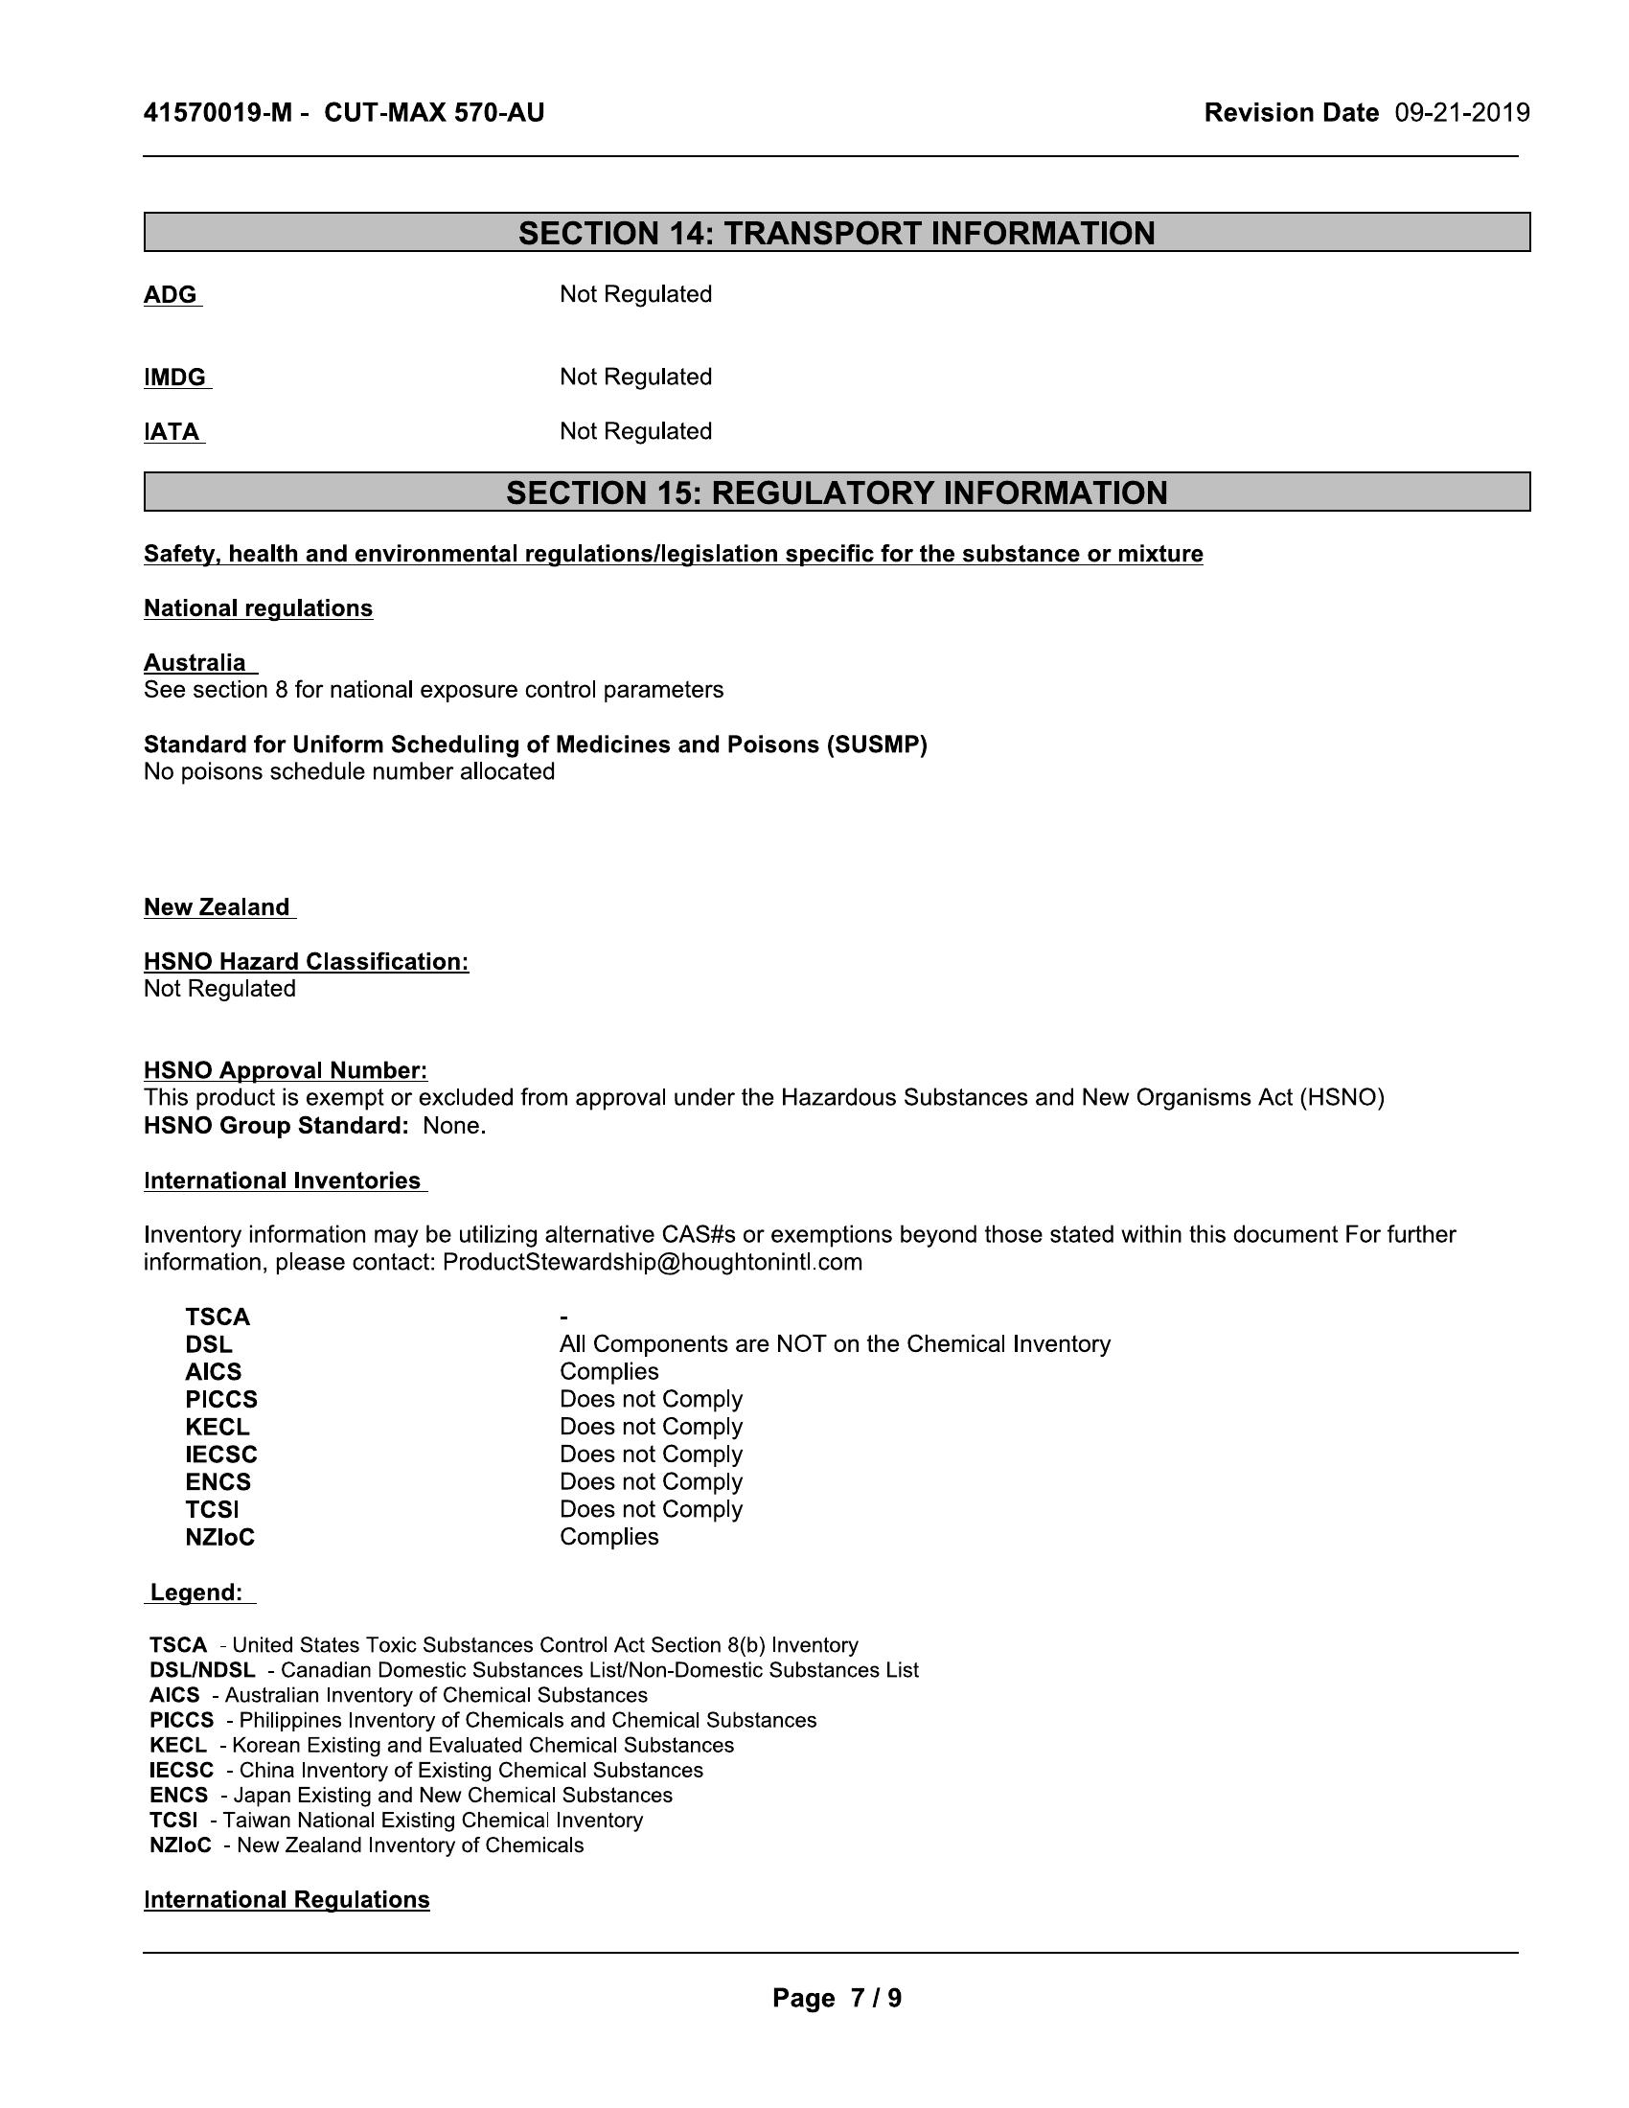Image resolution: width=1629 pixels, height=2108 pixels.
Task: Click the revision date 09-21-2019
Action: pos(1461,113)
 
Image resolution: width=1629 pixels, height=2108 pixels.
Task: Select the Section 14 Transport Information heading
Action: pos(836,233)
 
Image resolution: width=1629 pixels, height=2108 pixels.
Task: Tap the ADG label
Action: pos(171,294)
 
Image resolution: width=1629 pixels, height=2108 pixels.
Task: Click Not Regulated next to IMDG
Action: pos(635,377)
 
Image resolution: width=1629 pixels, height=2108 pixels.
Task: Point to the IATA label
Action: pos(172,431)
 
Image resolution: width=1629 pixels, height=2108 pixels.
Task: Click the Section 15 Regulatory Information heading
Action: pos(836,493)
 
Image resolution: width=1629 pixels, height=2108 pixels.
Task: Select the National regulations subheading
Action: pos(258,608)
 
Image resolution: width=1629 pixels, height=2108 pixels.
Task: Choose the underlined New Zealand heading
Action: pos(218,907)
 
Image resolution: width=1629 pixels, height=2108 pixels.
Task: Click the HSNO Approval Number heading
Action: pos(285,1070)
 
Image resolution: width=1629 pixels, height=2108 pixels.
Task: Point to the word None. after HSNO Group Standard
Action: pos(453,1126)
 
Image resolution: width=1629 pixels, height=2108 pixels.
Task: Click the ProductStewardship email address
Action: pos(652,1263)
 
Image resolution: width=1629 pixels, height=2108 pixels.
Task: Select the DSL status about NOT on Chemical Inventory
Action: pos(835,1344)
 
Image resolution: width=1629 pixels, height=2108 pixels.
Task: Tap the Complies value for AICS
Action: pos(608,1371)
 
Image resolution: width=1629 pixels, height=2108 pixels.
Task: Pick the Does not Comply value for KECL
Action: pos(651,1427)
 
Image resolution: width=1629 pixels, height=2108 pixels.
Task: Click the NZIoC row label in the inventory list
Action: pos(220,1537)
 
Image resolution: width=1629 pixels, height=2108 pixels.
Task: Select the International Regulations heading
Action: pos(287,1899)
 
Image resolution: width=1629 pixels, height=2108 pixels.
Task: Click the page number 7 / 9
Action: pos(874,1998)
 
